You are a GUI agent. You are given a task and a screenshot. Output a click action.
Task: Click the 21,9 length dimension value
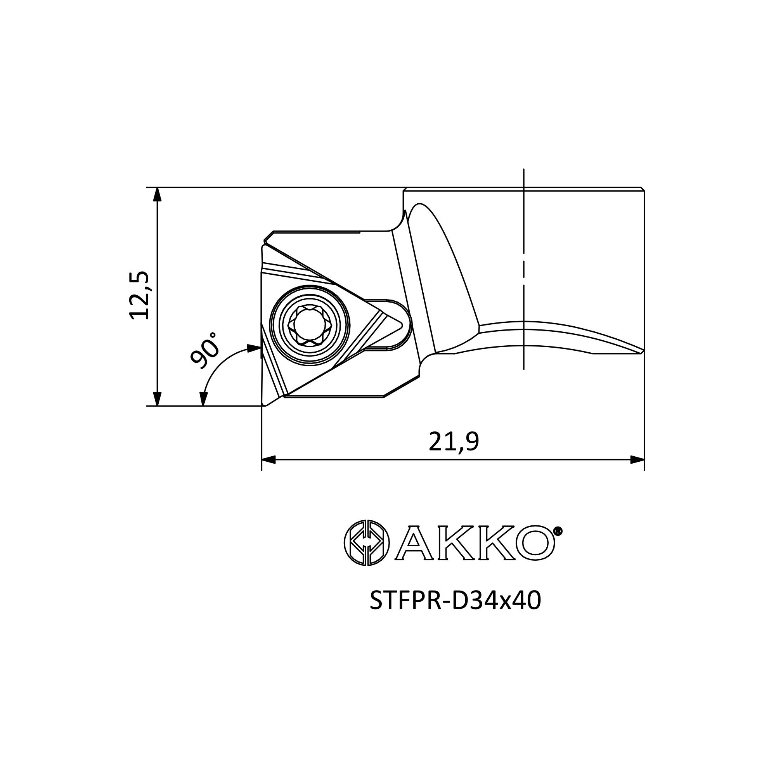[454, 442]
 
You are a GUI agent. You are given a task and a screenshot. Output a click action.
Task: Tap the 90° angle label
[204, 350]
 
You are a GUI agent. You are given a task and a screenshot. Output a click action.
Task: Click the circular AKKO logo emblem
[367, 543]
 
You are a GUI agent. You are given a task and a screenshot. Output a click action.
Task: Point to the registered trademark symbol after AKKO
[558, 532]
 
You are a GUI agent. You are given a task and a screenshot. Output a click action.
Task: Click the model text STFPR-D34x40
[455, 612]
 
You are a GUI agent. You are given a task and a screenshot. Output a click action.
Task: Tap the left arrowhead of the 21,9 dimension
[269, 459]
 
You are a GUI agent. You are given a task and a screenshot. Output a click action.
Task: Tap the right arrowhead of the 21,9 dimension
[637, 459]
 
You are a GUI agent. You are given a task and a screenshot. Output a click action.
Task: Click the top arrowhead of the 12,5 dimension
[158, 194]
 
